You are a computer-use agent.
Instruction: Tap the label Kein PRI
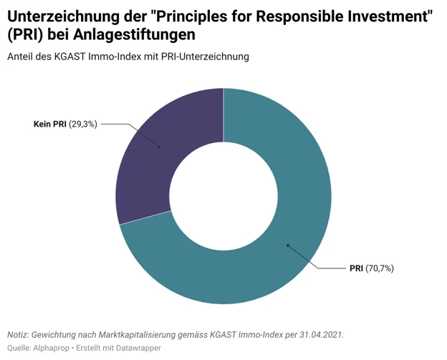(x=50, y=124)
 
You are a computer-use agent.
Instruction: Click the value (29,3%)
(x=83, y=124)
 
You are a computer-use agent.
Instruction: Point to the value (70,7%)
(x=380, y=268)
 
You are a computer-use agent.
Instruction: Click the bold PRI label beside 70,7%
(x=357, y=268)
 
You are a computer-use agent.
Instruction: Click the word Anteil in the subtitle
(x=21, y=57)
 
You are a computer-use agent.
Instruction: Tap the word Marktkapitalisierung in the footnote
(x=142, y=334)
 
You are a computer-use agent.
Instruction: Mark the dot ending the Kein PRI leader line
(x=159, y=147)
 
